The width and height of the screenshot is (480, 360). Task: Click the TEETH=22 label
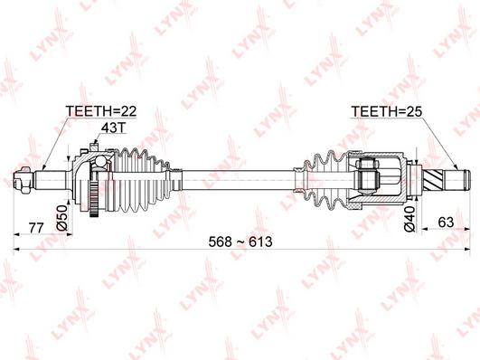pos(101,111)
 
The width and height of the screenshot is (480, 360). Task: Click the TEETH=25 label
pos(386,111)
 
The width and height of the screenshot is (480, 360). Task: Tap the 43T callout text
pos(114,128)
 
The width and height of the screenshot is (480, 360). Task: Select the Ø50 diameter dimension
pos(62,218)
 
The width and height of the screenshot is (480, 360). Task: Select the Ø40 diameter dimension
pos(409,219)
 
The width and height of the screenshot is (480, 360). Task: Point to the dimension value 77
pos(36,228)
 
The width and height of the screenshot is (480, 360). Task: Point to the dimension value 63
pos(446,223)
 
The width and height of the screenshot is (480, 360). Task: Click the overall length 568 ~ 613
pos(240,242)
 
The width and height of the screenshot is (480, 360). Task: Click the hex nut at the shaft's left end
pos(24,180)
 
